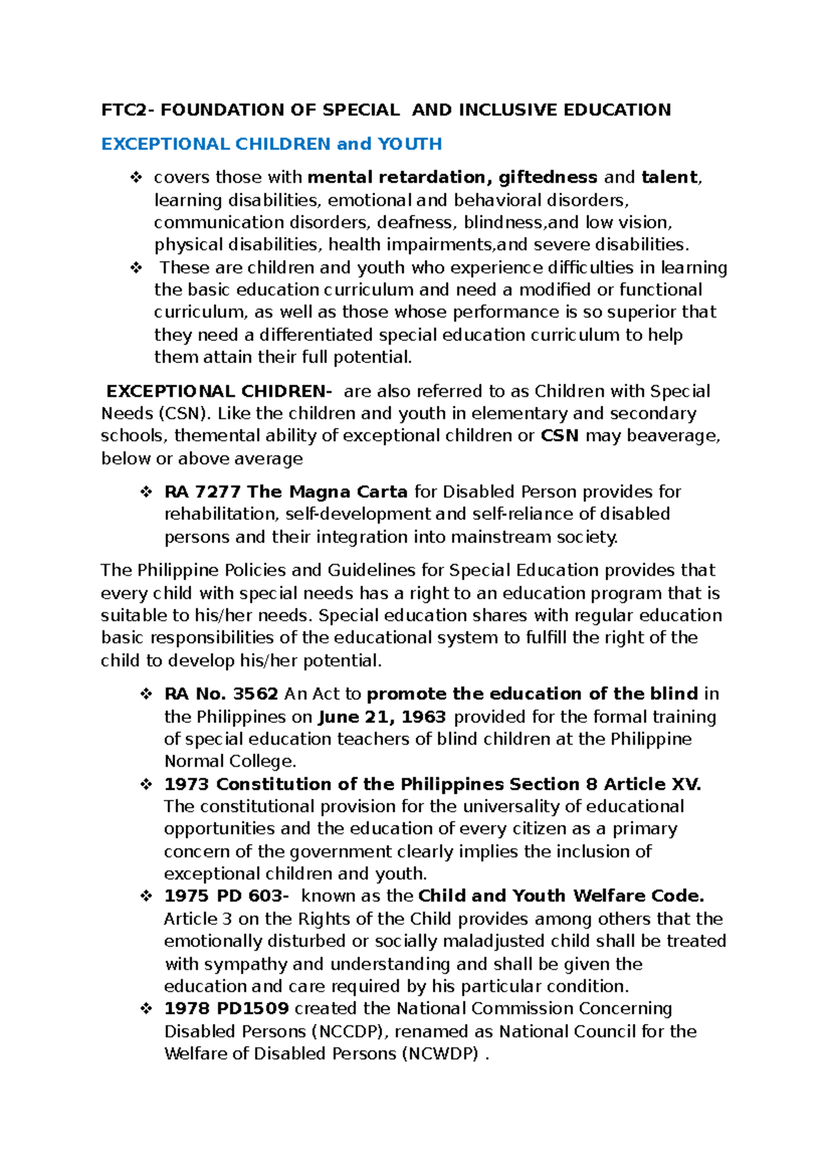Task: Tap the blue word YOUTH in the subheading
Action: (410, 144)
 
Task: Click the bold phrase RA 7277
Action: (202, 492)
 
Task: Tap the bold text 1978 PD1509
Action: (226, 1009)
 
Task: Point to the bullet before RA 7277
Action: (146, 492)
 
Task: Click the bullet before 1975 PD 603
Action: (146, 896)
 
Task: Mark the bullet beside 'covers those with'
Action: (136, 177)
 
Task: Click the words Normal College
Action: (230, 761)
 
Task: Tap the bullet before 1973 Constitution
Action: (146, 784)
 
